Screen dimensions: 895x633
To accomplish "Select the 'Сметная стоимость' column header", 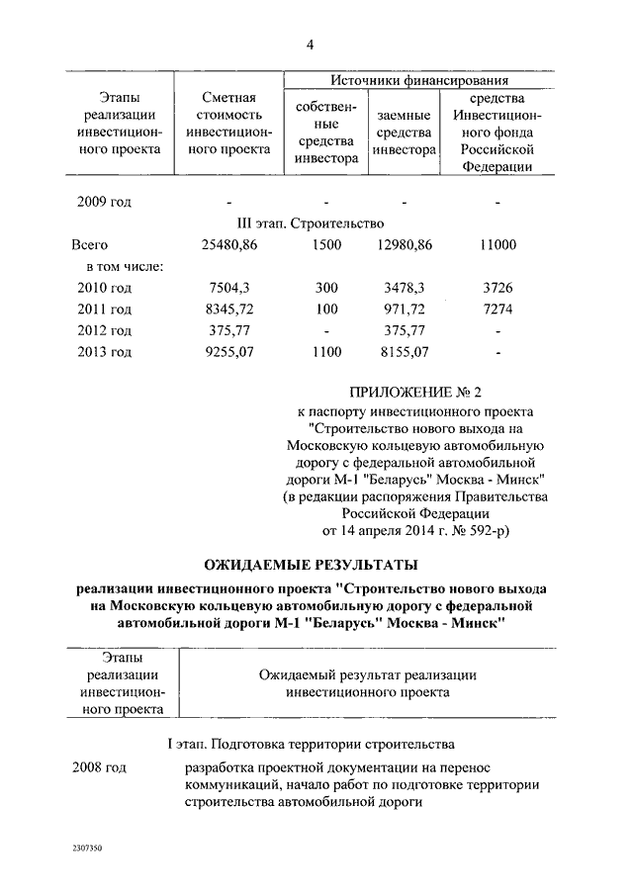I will [228, 124].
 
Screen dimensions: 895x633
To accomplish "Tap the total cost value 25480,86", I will [228, 244].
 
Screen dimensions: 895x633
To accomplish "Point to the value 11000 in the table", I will [497, 244].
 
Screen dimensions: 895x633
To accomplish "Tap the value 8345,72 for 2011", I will [228, 309].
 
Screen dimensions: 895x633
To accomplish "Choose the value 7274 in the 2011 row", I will [497, 309].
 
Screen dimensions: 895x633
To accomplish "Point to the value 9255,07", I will [228, 351].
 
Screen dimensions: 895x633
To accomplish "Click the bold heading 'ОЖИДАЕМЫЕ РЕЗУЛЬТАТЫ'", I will [311, 565].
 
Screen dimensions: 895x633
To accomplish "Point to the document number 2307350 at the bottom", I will [87, 850].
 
